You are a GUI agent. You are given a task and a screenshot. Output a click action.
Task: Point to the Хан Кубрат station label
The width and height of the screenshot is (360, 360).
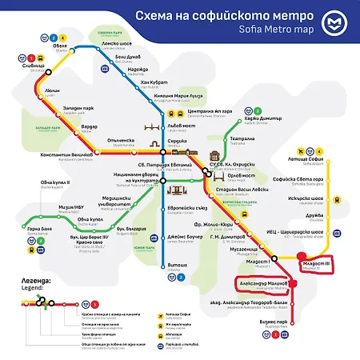(153, 83)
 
